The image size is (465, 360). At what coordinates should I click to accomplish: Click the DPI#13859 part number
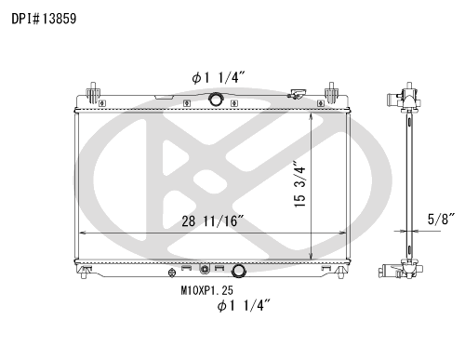(x=44, y=19)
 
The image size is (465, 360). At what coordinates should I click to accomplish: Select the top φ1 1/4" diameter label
(x=219, y=77)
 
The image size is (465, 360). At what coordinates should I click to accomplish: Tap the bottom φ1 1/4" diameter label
(x=244, y=306)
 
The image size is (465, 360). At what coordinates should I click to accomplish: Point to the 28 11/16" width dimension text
(x=212, y=221)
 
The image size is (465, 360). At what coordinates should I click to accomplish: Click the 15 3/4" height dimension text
(x=299, y=184)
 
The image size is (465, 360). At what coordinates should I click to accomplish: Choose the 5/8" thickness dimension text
(x=441, y=220)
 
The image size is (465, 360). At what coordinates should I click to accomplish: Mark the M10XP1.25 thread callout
(x=207, y=290)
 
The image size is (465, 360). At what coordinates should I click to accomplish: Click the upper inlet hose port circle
(x=216, y=99)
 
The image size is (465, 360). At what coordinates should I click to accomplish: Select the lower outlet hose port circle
(x=239, y=271)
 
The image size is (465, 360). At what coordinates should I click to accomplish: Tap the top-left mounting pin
(x=93, y=92)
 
